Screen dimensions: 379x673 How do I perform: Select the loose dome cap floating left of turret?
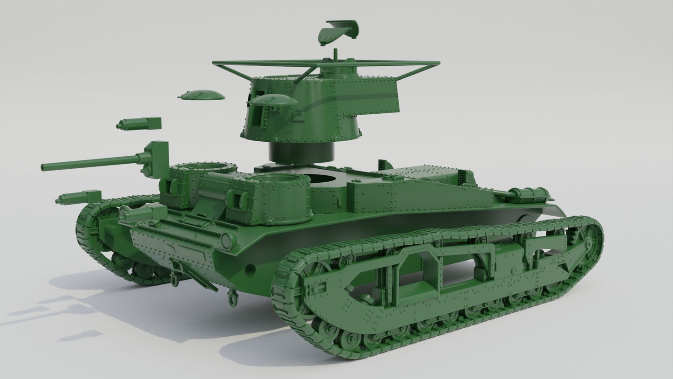201,95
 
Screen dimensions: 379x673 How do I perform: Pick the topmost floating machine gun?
139,124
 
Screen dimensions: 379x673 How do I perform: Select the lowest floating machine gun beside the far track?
78,198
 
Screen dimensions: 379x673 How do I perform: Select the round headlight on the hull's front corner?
227,241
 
